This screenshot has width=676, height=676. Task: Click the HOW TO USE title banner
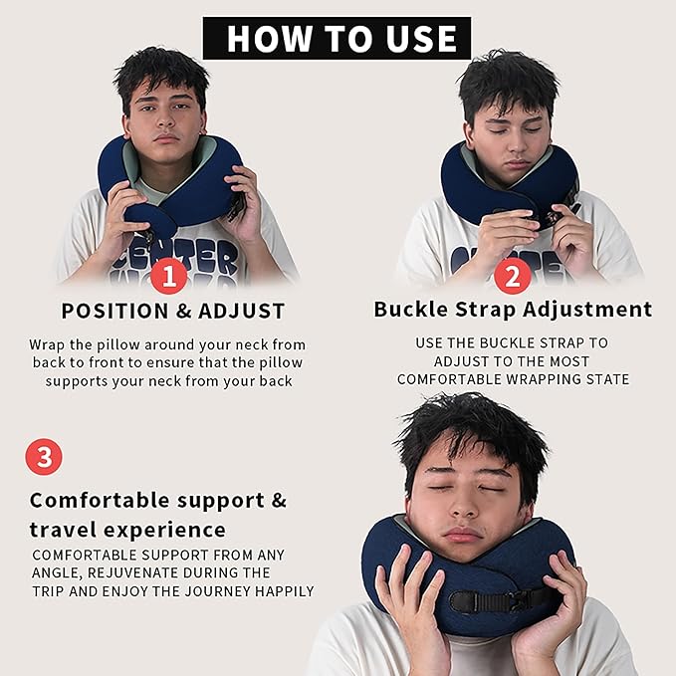click(337, 39)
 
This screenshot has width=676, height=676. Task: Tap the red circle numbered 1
click(169, 275)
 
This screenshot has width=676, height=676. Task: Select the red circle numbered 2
click(512, 275)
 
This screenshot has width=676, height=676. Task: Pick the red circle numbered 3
click(43, 457)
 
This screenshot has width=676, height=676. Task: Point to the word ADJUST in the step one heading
click(242, 311)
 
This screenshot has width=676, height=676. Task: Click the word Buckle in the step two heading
click(412, 309)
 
